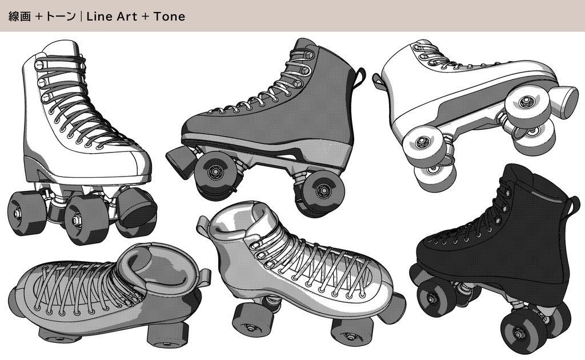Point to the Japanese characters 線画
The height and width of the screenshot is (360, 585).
[x=19, y=17]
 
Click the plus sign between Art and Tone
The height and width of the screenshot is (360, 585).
[x=145, y=17]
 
